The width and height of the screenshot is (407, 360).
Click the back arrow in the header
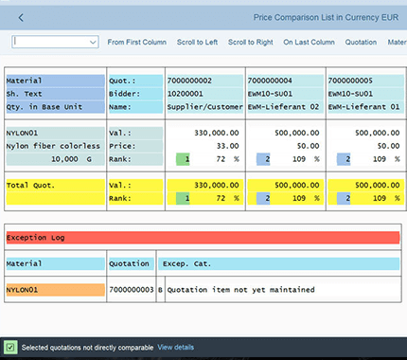click(21, 17)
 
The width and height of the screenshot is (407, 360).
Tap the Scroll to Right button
click(251, 43)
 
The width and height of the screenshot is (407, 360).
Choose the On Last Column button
click(309, 43)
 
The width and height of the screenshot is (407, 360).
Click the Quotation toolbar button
click(361, 43)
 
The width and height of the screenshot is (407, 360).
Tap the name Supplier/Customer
click(203, 108)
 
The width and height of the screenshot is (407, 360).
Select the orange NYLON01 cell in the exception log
click(53, 288)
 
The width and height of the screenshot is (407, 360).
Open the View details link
click(176, 348)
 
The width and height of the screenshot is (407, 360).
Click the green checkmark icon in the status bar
click(9, 348)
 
